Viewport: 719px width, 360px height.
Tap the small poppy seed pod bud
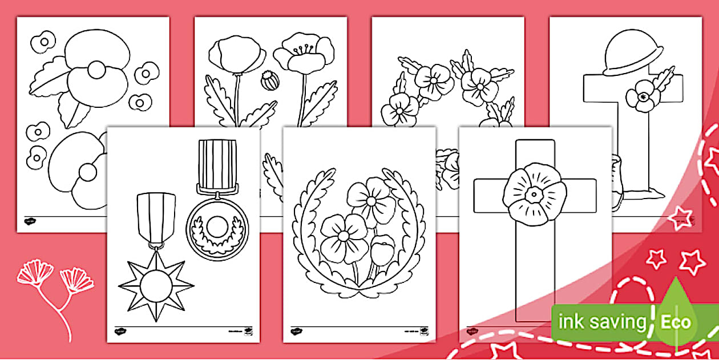(x=268, y=80)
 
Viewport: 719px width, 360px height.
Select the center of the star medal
(x=152, y=284)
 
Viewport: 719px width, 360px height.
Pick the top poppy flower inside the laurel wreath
(x=370, y=200)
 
